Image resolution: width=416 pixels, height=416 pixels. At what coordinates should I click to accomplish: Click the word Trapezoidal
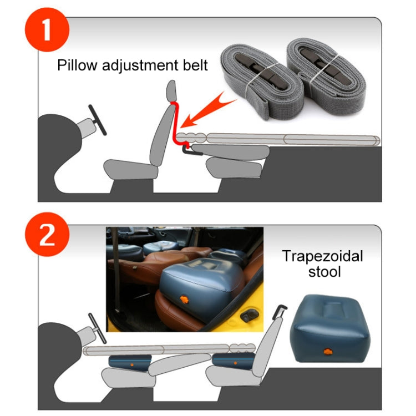coord(322,256)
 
